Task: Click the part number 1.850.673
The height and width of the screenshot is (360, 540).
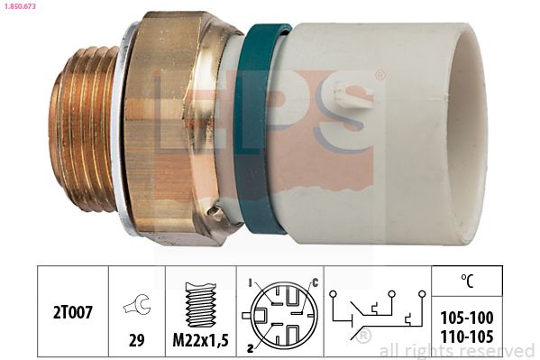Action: tap(19, 6)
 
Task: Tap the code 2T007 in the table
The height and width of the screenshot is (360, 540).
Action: tap(73, 312)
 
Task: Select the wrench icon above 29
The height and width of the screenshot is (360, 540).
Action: tap(137, 304)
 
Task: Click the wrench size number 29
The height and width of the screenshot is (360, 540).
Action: tap(136, 340)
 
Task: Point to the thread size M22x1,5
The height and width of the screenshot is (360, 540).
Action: tap(200, 341)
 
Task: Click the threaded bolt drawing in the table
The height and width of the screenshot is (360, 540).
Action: tap(200, 304)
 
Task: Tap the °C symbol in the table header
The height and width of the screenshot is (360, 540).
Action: tap(467, 281)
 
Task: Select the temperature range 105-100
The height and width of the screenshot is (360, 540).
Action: tap(467, 318)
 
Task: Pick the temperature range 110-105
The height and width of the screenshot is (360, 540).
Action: tap(467, 337)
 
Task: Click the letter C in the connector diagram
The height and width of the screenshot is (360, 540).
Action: tap(315, 282)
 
